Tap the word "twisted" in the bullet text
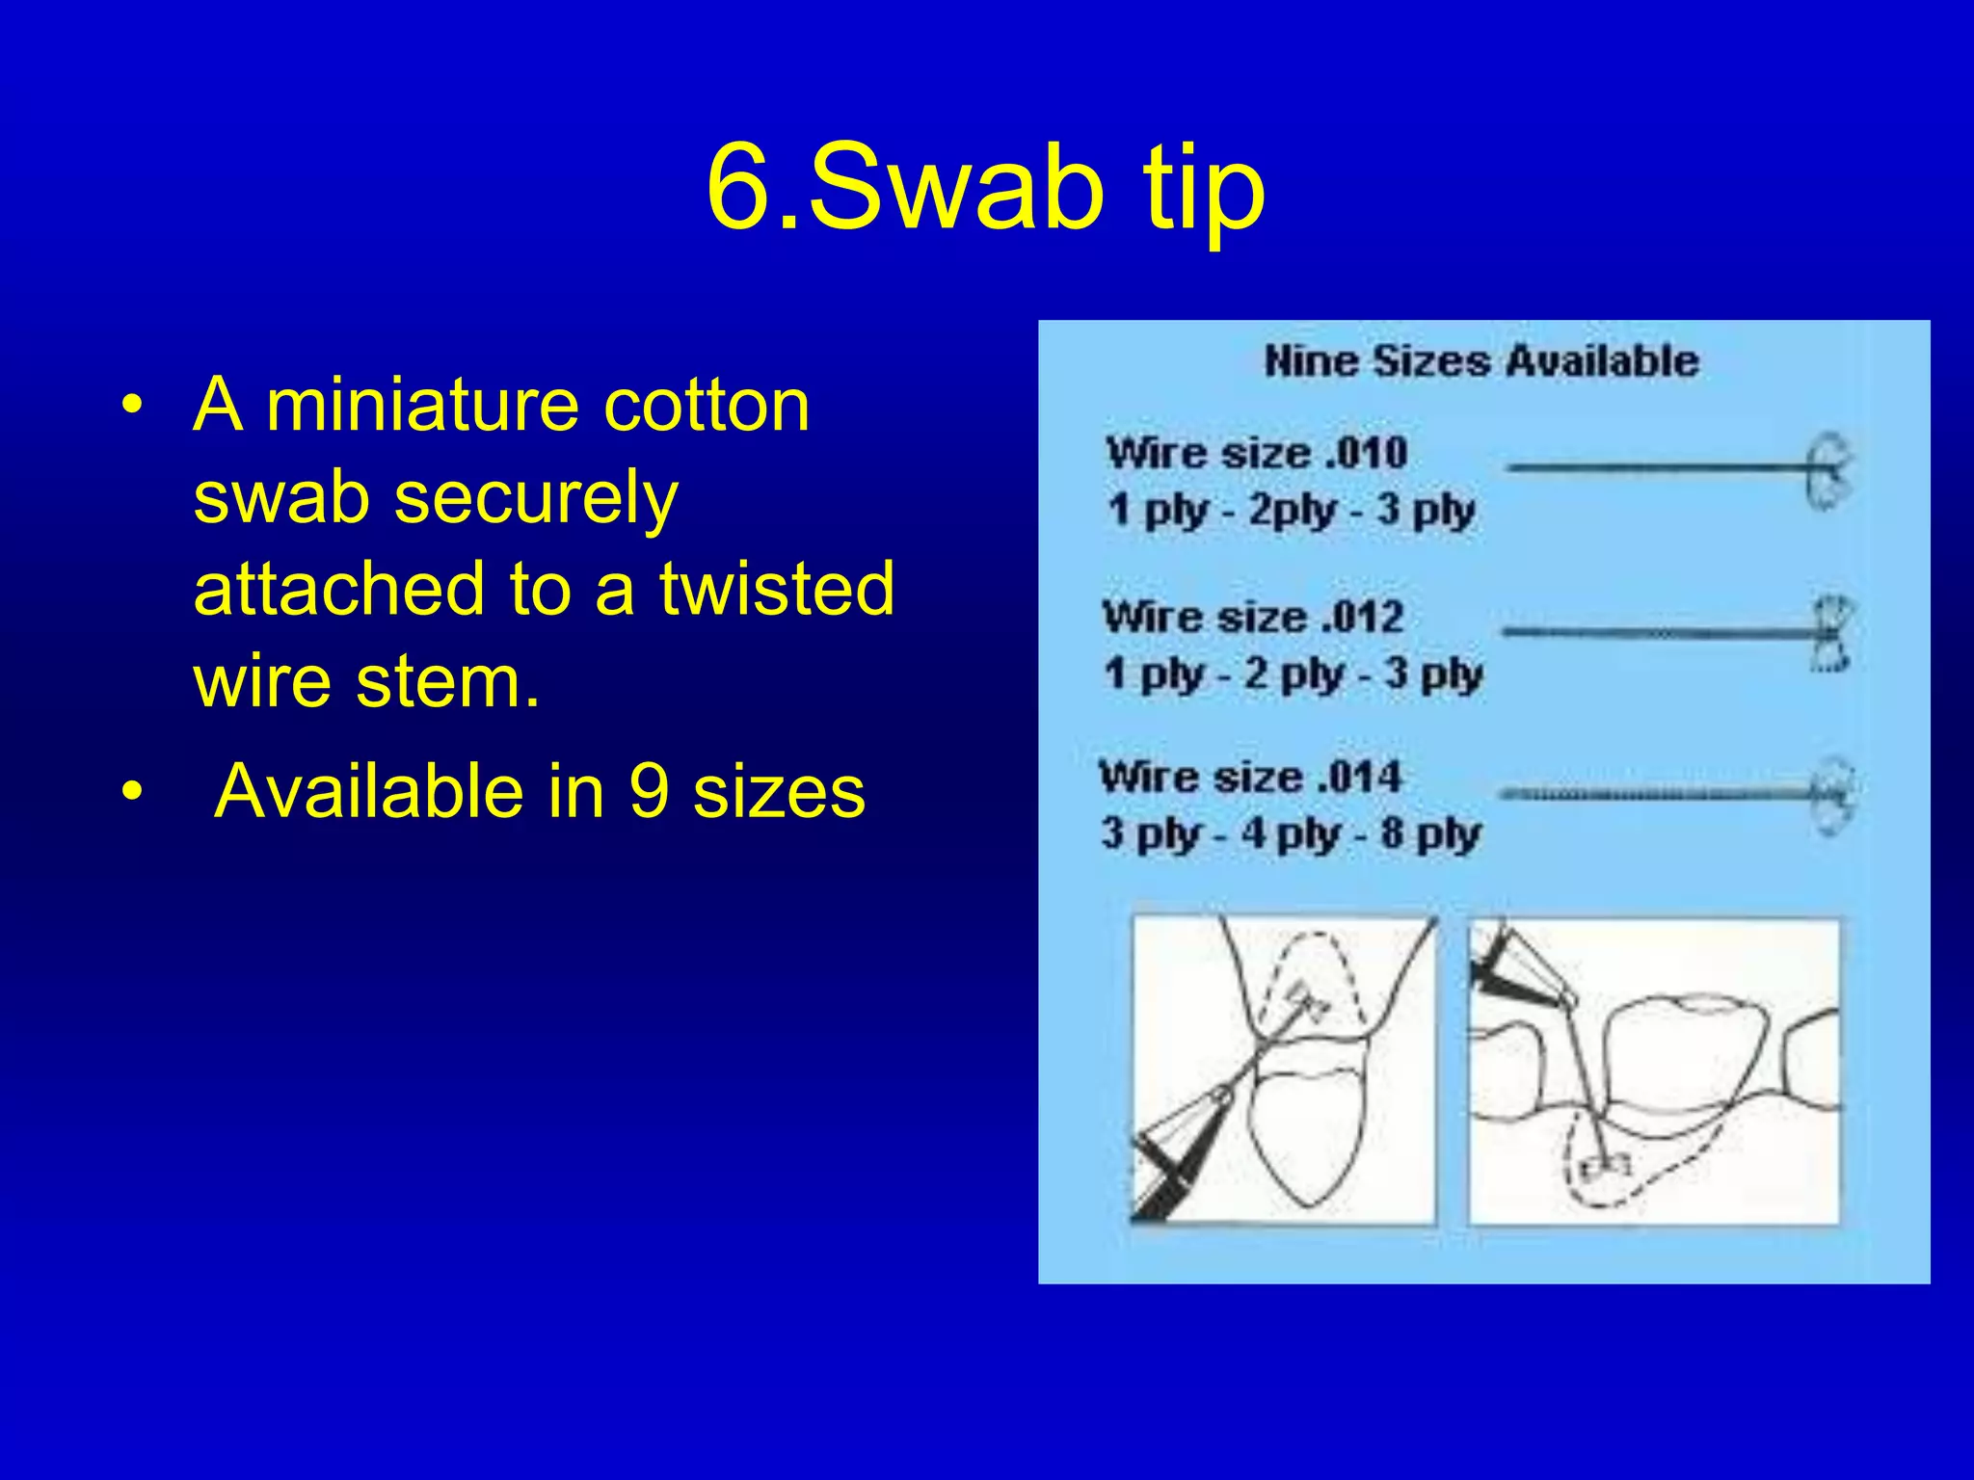[x=777, y=588]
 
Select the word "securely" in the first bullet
[x=536, y=497]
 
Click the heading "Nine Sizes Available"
[x=1481, y=361]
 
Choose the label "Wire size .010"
[x=1257, y=453]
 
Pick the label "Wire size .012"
[x=1253, y=618]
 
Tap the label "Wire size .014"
[x=1250, y=777]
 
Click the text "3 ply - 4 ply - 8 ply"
[x=1291, y=833]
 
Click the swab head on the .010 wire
[x=1828, y=470]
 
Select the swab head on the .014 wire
[x=1832, y=795]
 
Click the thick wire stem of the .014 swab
[x=1653, y=794]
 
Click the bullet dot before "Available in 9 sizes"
[x=132, y=792]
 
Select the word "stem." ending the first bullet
[x=447, y=680]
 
